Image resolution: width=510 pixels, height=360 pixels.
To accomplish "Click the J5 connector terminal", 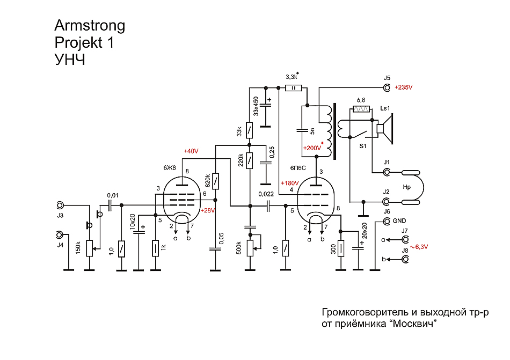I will click(x=387, y=87).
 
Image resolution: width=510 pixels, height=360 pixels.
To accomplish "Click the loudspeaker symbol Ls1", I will click(x=385, y=130).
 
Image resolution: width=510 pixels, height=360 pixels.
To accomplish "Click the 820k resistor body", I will click(x=215, y=181).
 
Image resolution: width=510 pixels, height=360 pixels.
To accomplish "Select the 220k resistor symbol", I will click(x=249, y=160).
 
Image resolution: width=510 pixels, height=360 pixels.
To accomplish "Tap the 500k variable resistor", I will click(x=249, y=247).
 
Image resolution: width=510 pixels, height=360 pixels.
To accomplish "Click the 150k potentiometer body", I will click(x=89, y=247).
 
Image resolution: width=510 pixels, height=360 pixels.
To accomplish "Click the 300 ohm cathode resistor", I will click(x=340, y=249).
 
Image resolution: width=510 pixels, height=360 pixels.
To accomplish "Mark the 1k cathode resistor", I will click(x=155, y=248).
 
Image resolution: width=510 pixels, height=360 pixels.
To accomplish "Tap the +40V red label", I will click(x=191, y=151).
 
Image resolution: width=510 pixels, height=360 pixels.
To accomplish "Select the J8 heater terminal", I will click(x=406, y=259).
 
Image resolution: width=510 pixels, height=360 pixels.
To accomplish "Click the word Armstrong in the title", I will click(x=90, y=25).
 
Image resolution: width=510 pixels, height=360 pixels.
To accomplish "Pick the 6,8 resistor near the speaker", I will click(x=361, y=110).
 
